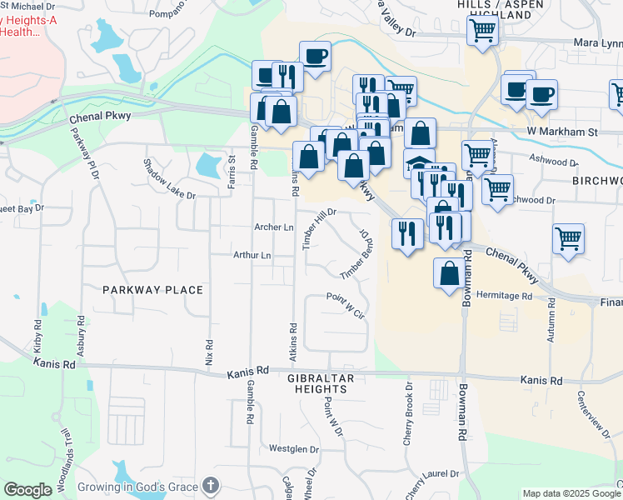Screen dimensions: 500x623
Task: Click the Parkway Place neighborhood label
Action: [152, 290]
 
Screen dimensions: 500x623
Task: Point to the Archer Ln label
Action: [274, 227]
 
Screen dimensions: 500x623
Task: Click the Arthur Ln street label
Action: [252, 256]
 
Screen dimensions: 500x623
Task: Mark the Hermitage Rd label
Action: [504, 296]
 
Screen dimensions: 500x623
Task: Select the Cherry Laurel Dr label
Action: [432, 484]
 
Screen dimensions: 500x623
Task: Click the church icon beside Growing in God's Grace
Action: [211, 486]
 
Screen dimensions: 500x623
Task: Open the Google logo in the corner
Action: [28, 490]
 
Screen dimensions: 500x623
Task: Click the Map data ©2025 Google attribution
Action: [571, 493]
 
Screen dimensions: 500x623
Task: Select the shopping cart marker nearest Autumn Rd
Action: [568, 238]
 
